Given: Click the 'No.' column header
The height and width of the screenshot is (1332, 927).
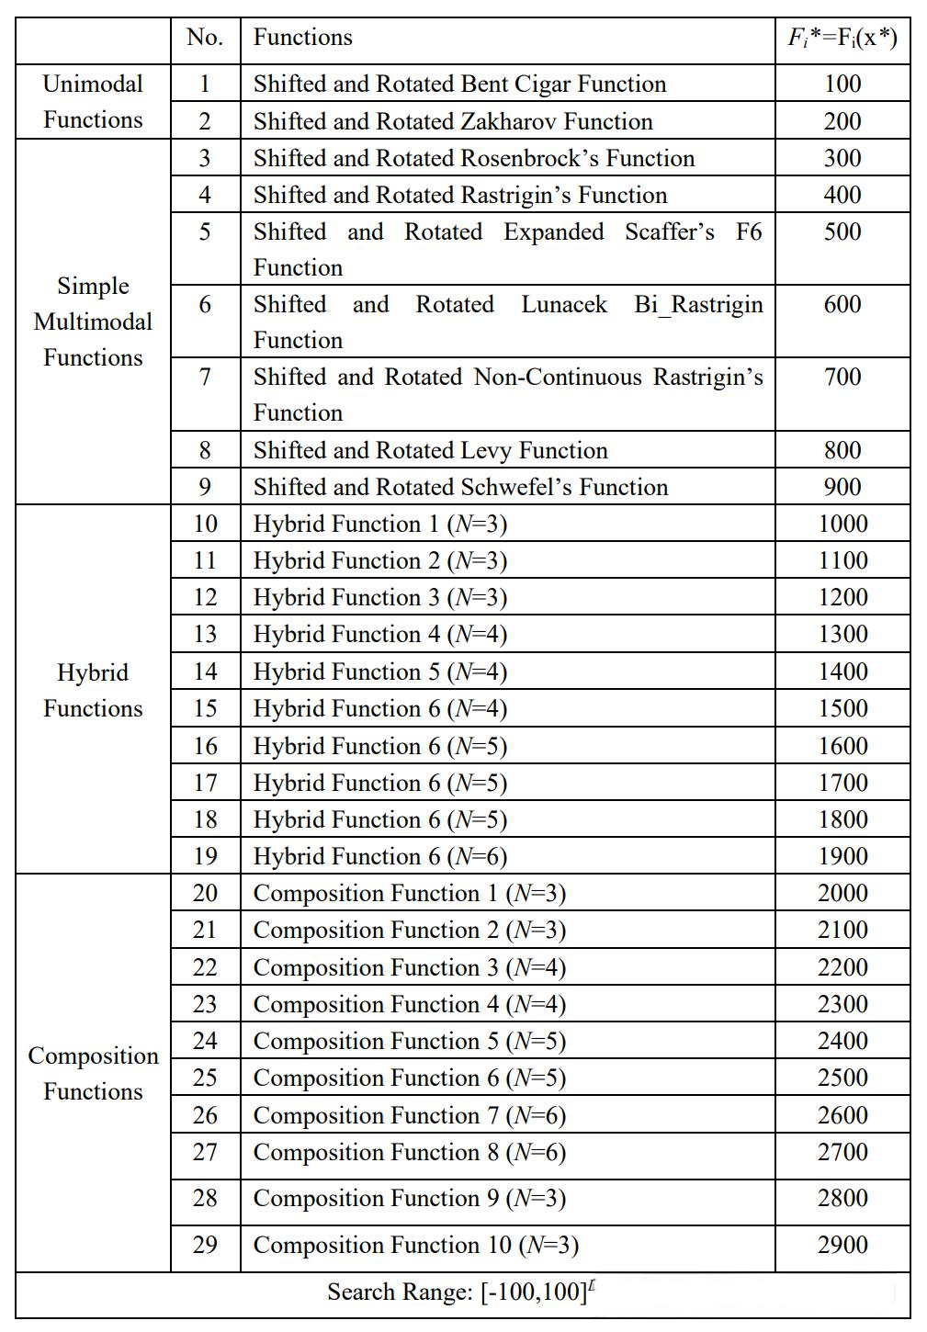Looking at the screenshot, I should pos(204,38).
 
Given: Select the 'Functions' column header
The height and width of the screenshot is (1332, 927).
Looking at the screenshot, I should pos(302,38).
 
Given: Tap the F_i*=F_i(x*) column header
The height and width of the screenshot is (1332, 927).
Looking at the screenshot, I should pos(842,38).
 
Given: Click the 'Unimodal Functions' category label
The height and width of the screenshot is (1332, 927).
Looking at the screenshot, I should pos(93,102).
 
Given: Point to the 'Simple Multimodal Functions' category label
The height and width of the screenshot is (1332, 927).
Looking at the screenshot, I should pos(93,322).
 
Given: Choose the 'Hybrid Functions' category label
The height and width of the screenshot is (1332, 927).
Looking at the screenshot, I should pos(93,690).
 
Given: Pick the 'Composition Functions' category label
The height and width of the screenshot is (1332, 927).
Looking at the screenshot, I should pos(93,1073).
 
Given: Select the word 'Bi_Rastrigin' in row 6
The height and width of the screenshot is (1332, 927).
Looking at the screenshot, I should pos(698,304).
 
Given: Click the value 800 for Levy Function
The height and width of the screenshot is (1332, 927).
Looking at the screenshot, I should pos(842,450).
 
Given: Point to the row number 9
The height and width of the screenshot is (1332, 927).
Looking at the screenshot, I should pos(204,487).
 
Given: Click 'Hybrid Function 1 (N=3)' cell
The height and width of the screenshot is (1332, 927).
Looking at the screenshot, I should pos(379,524).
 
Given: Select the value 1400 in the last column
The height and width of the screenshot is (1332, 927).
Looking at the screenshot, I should pos(842,672).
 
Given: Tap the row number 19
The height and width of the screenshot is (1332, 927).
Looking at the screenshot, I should pos(204,856).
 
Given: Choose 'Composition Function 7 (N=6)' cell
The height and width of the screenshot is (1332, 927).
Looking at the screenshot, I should pos(409,1115).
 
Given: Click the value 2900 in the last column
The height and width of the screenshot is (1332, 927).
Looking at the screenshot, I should pos(842,1245).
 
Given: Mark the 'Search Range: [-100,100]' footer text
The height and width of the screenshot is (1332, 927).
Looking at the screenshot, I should pos(459,1292).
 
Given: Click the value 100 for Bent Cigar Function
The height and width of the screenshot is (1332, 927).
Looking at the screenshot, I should pos(842,84).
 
